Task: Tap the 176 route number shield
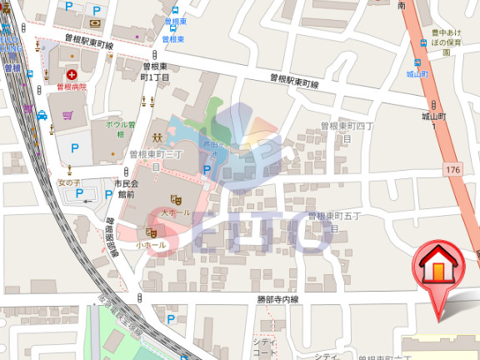pyautogui.click(x=452, y=170)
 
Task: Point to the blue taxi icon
pyautogui.click(x=41, y=116)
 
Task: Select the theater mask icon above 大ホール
pyautogui.click(x=176, y=200)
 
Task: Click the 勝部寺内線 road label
pyautogui.click(x=277, y=299)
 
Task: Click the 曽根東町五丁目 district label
pyautogui.click(x=335, y=220)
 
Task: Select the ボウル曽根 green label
pyautogui.click(x=120, y=129)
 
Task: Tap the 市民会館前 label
pyautogui.click(x=126, y=187)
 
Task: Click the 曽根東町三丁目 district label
pyautogui.click(x=156, y=160)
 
